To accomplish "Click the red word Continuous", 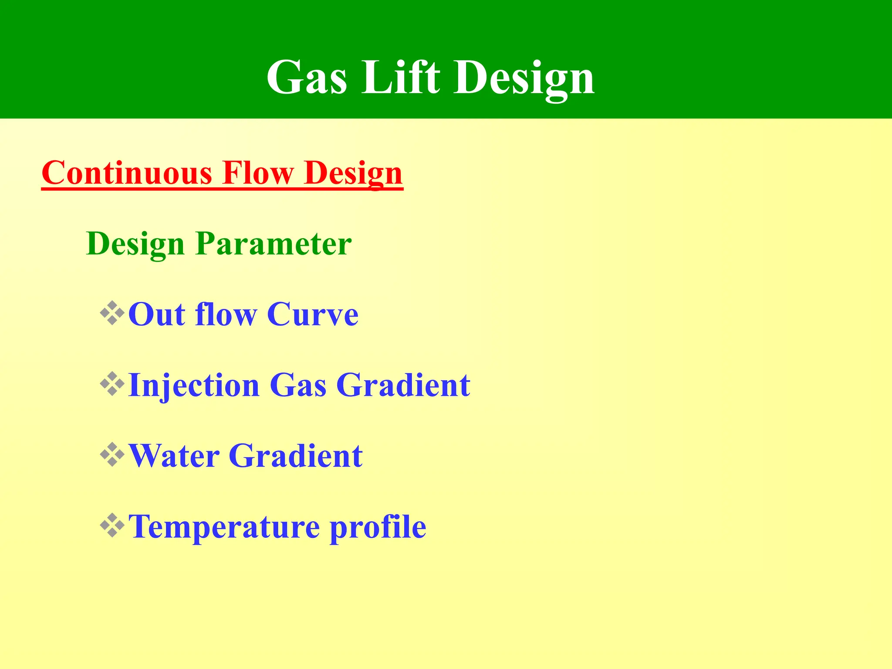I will point(127,173).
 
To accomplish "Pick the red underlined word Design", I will point(353,174).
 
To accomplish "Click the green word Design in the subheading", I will point(135,244).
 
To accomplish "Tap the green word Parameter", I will point(274,244).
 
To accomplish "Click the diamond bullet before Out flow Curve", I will point(112,313).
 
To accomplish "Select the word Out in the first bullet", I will point(157,314).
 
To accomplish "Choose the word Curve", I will point(313,314).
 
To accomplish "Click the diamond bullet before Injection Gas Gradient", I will point(112,384).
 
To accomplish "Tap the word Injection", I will point(194,386).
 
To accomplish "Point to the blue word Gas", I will point(298,386).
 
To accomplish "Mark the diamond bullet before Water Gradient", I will point(112,454).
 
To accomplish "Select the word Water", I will point(174,456).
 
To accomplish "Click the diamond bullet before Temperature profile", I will point(112,525).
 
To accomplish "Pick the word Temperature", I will point(224,527).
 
